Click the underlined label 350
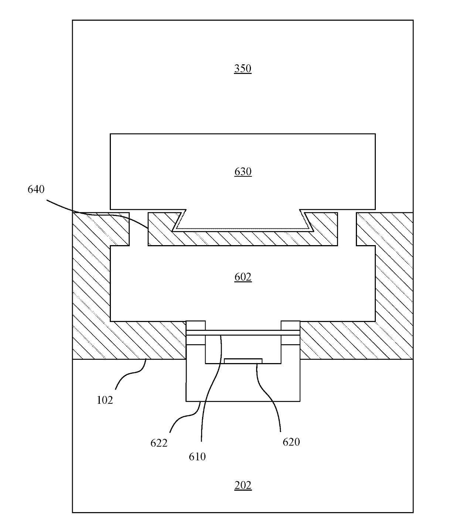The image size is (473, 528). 242,68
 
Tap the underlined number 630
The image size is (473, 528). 243,172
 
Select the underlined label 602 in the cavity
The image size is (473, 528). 243,277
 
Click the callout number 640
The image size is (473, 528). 36,189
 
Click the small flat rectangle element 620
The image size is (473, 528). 243,361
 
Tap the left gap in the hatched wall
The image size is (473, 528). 139,229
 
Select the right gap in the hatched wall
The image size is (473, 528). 347,229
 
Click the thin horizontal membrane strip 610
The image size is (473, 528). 243,332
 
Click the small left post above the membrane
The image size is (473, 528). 195,325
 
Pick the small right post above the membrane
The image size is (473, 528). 290,325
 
